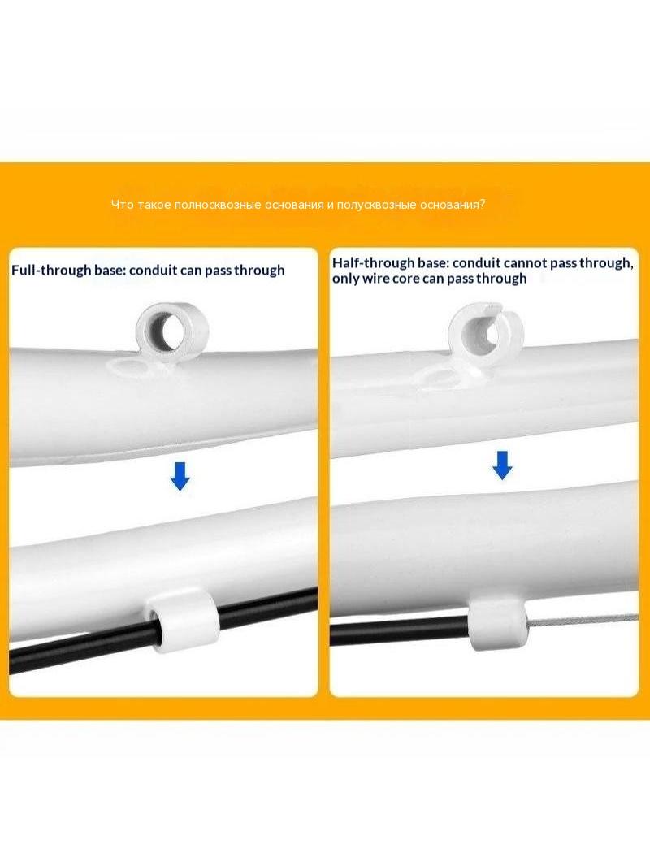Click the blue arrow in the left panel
pos(180,476)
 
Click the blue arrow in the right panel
pos(502,465)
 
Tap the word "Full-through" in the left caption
pos(51,270)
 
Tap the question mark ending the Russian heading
pos(483,205)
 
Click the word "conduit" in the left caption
pos(154,270)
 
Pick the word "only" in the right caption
pos(345,279)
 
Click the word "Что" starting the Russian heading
pos(123,205)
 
